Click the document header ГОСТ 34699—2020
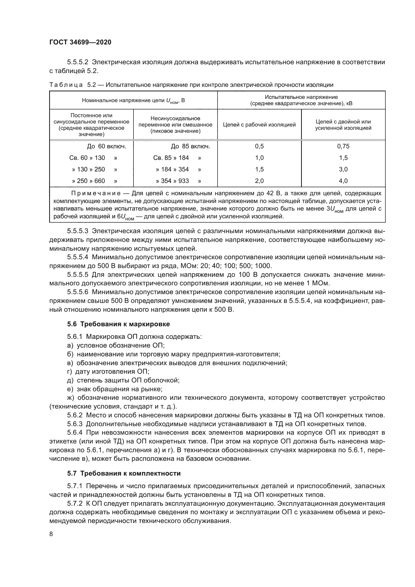[80, 42]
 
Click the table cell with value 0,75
[343, 146]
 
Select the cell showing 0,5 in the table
[259, 146]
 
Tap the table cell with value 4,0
[343, 181]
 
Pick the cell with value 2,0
[259, 181]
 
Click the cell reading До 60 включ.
[107, 147]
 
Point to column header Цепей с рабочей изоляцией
[259, 125]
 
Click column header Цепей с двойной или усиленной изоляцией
[343, 125]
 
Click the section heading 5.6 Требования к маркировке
[118, 324]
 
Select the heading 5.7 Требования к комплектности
[124, 474]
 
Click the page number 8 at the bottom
[51, 534]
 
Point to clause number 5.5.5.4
[78, 257]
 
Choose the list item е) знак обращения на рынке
[115, 389]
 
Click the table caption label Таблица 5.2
[73, 85]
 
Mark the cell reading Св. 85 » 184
[171, 158]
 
